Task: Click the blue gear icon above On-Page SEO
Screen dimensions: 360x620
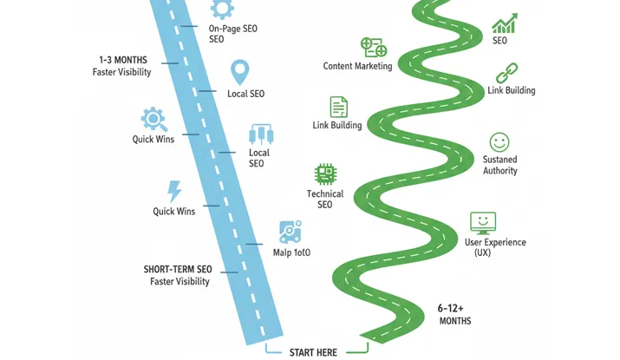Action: (x=223, y=9)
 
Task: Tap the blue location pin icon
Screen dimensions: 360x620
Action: (x=240, y=72)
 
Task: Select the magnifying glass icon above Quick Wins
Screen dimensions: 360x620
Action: (x=153, y=119)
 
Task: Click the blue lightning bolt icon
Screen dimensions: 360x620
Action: (x=174, y=191)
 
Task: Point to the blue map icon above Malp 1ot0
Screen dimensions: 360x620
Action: (x=290, y=232)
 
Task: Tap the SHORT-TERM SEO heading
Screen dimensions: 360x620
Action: (x=178, y=269)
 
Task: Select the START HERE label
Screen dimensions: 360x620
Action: (x=313, y=352)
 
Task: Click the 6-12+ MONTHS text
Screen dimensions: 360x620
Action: (x=454, y=314)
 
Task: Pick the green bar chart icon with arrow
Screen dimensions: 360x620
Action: (x=504, y=23)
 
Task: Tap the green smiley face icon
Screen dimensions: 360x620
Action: (x=499, y=141)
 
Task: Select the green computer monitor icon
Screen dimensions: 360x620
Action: (x=482, y=222)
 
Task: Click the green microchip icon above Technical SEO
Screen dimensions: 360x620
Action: (x=325, y=173)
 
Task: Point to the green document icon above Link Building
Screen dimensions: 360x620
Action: (x=338, y=107)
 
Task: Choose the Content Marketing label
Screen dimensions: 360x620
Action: (x=357, y=66)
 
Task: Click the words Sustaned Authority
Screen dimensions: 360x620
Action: (x=500, y=165)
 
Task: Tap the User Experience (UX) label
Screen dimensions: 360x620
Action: (x=495, y=247)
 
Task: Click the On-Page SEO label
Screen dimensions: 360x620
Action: (x=233, y=34)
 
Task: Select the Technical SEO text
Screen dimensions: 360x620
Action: (x=325, y=199)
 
